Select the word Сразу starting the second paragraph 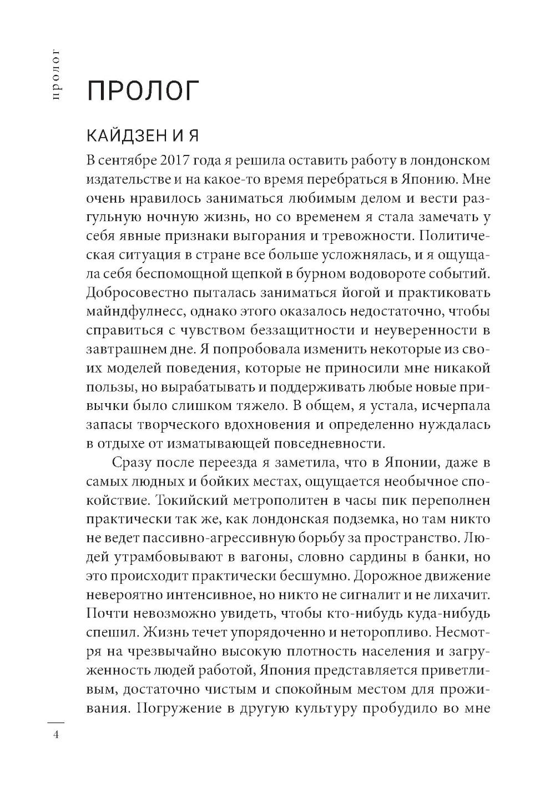click(x=135, y=463)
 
